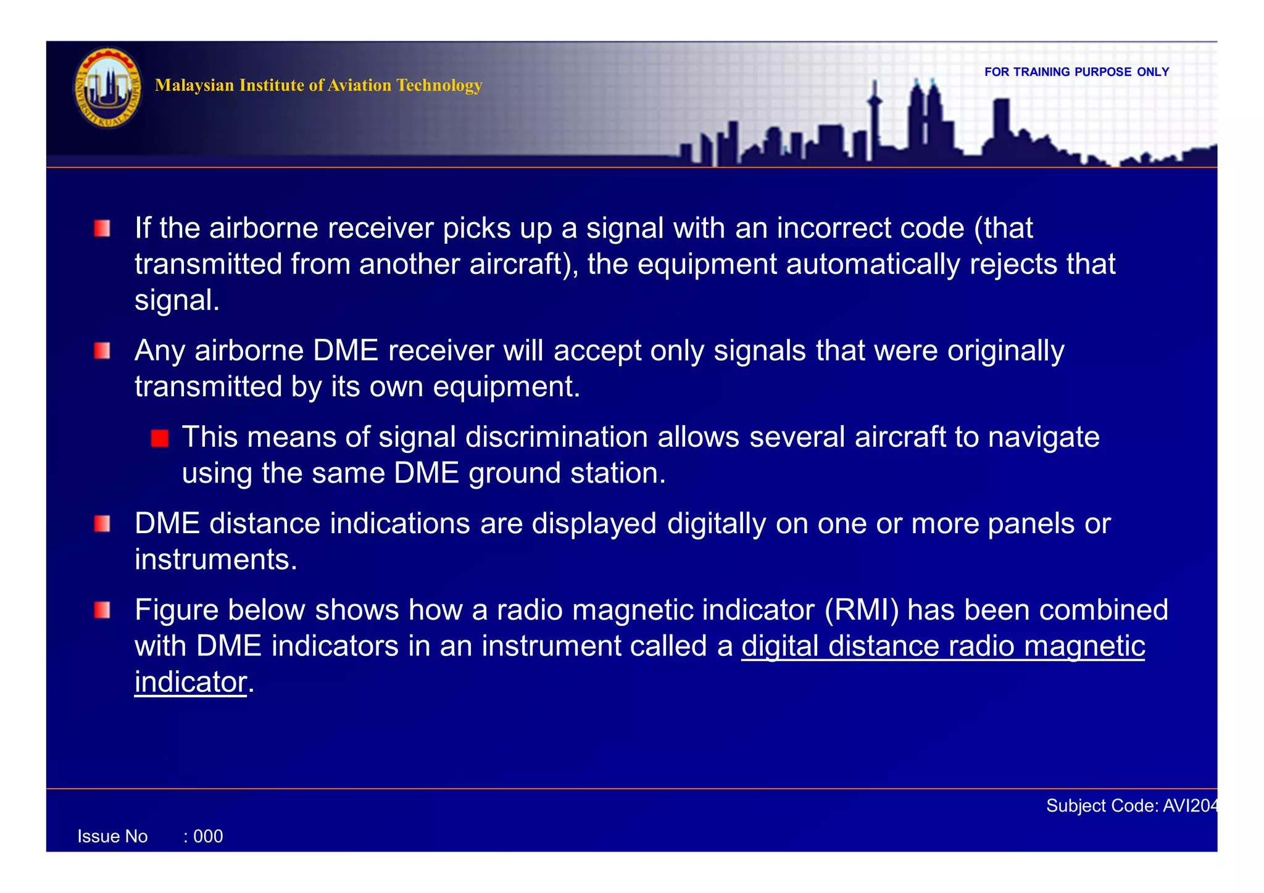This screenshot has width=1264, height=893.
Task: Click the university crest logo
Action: click(x=107, y=89)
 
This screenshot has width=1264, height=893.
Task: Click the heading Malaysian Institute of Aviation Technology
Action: click(x=318, y=85)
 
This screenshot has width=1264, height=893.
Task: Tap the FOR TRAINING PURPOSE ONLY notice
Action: click(x=1076, y=72)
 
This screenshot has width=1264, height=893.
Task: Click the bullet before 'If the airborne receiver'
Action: click(x=102, y=229)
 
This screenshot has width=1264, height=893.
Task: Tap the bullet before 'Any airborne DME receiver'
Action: click(x=102, y=351)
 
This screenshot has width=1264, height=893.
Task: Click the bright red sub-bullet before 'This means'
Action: click(x=160, y=438)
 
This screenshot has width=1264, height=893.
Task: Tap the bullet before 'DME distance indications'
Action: click(x=102, y=524)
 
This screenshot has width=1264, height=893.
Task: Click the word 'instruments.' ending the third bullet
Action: click(x=216, y=560)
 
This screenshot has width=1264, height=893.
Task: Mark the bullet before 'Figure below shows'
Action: click(x=102, y=610)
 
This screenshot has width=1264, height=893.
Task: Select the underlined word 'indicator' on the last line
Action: click(x=191, y=682)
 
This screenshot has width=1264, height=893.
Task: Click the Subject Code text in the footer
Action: click(x=1131, y=805)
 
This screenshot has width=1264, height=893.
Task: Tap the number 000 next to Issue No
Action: click(x=208, y=836)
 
